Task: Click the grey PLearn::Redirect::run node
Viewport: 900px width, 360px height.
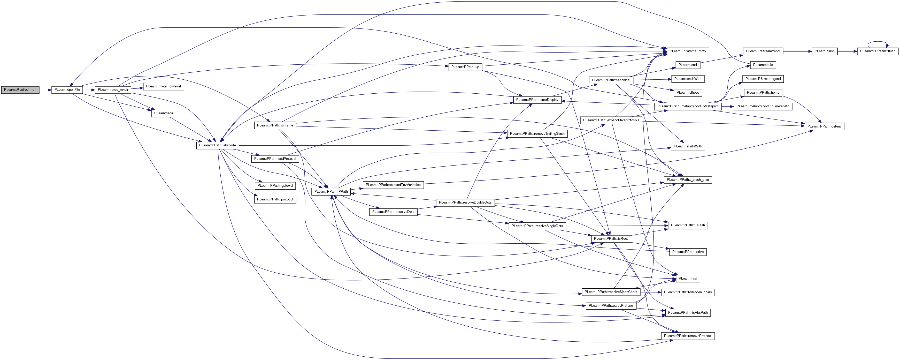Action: click(x=20, y=90)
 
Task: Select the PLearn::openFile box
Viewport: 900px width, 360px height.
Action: click(x=67, y=90)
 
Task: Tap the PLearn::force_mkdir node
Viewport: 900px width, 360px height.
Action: click(x=113, y=90)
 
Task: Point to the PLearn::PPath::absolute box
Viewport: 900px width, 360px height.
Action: click(x=217, y=145)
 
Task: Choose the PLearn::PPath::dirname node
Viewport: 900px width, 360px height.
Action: click(x=275, y=125)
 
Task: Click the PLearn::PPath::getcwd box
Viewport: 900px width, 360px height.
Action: click(x=275, y=186)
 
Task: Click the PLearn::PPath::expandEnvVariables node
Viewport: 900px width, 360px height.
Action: click(x=393, y=185)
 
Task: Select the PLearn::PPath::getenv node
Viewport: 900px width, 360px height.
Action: click(x=825, y=126)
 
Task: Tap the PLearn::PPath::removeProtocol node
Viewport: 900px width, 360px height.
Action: click(x=688, y=336)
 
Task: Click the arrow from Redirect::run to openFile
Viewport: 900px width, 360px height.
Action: click(x=45, y=90)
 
